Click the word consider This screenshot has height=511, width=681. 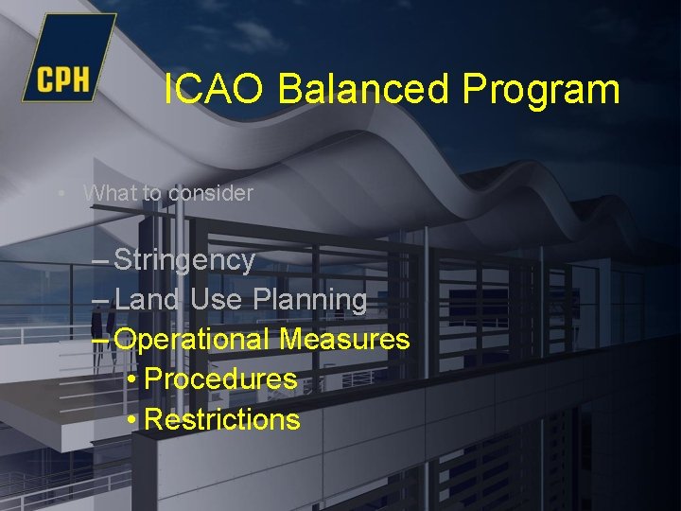[x=210, y=193]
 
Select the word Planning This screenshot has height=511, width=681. [x=310, y=301]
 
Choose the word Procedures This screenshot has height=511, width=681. [x=221, y=379]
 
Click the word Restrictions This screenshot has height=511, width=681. [x=223, y=420]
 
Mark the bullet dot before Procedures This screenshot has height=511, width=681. [x=132, y=380]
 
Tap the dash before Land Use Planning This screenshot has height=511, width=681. [x=101, y=301]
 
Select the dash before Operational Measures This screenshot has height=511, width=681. [x=101, y=340]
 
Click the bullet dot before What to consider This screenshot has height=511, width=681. [x=61, y=194]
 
